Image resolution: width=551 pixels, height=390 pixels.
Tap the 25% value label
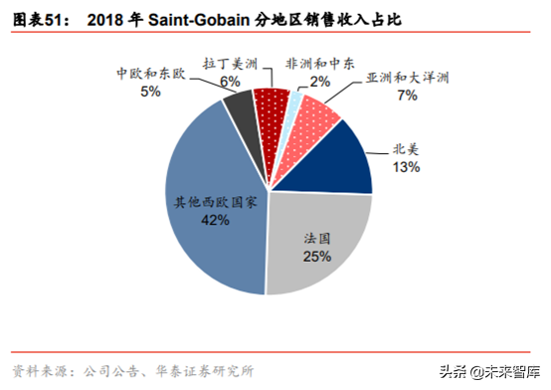[x=317, y=257]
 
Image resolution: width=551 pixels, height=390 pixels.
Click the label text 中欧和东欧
[x=150, y=74]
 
